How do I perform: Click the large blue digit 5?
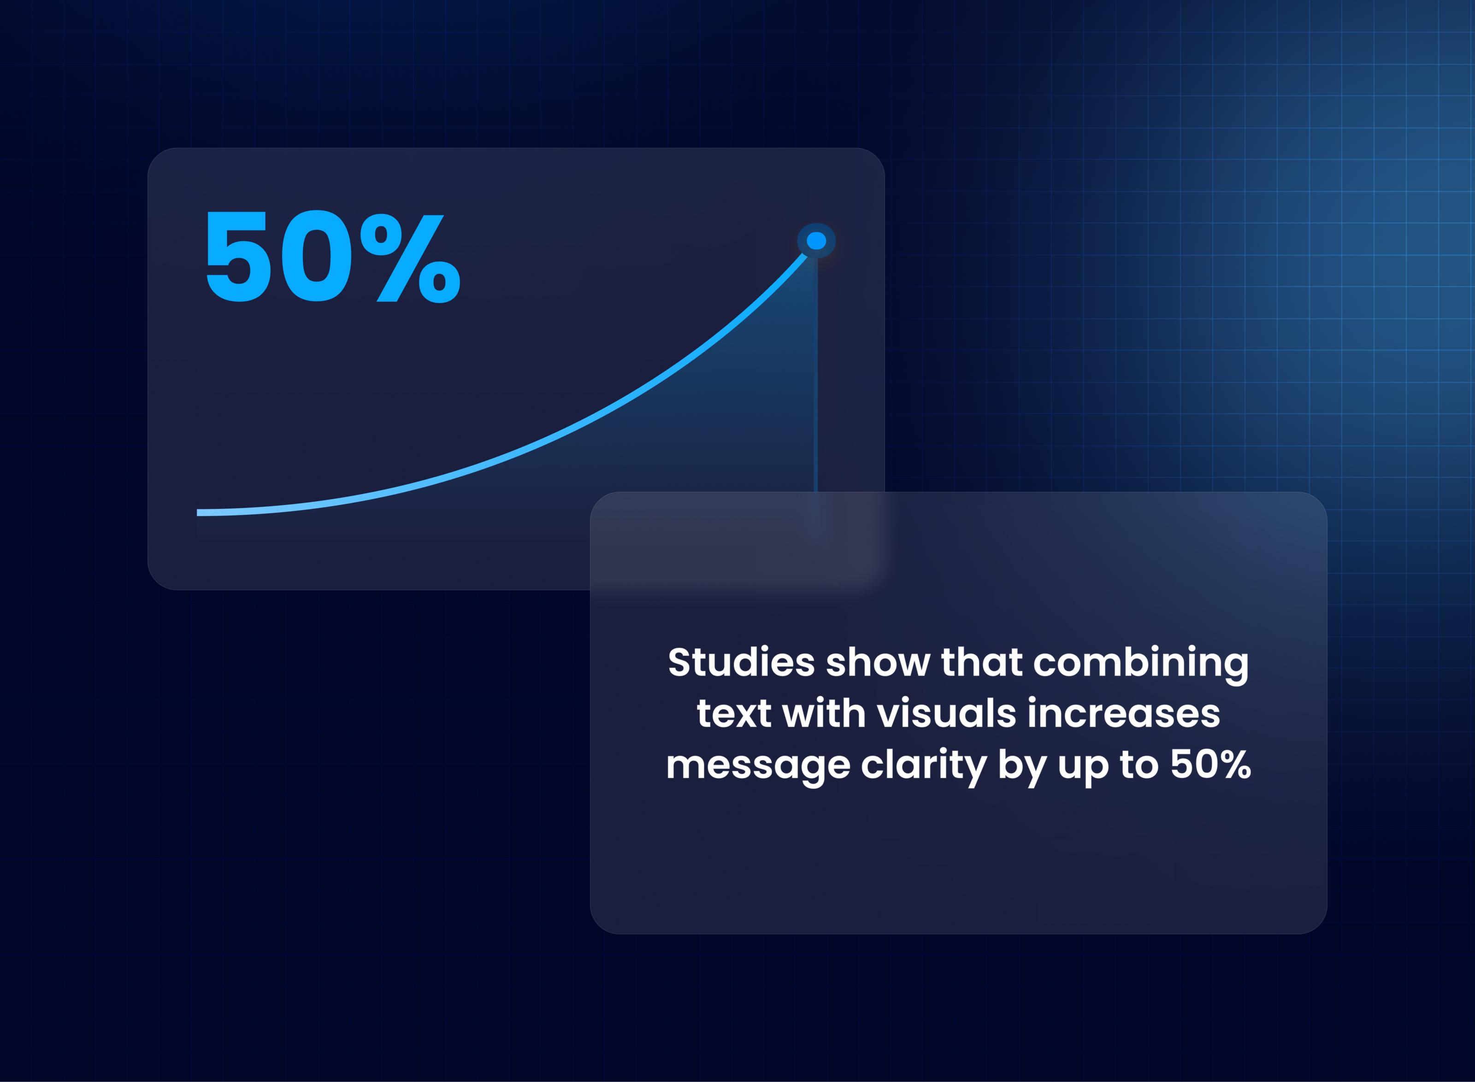[238, 256]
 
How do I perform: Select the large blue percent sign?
[411, 259]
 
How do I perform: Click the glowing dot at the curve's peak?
[816, 241]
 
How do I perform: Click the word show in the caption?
[878, 662]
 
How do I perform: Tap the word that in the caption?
[982, 662]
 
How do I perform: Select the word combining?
[1141, 665]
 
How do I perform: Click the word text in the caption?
[733, 713]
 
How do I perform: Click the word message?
[758, 767]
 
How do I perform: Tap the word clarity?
[924, 767]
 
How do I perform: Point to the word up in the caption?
[1083, 768]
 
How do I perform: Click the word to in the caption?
[1139, 764]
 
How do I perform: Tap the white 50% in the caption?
[1210, 764]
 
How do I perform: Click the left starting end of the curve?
[198, 512]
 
